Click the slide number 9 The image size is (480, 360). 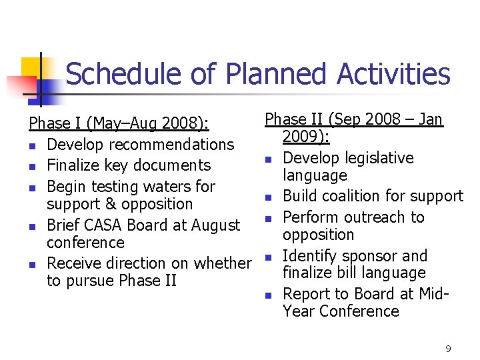click(448, 348)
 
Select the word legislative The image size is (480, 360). click(382, 158)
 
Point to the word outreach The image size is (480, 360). click(369, 217)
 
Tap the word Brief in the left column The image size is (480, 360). click(63, 225)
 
